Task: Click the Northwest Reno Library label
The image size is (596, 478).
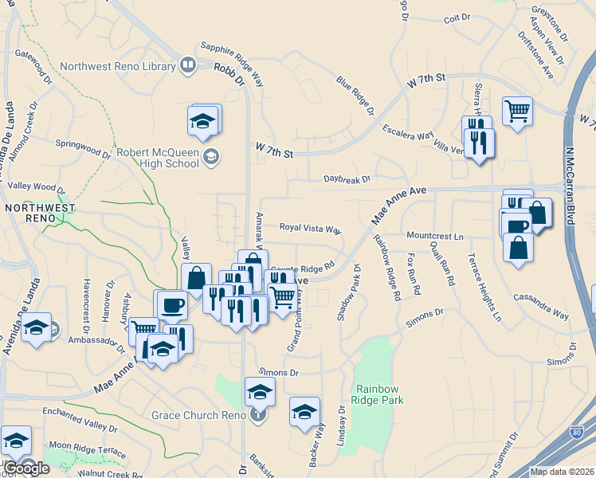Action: click(117, 66)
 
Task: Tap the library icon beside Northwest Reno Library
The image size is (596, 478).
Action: click(188, 65)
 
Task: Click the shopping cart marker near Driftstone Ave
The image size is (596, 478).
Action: click(517, 112)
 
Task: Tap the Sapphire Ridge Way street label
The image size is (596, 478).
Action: click(233, 63)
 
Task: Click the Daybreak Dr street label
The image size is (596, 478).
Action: click(347, 179)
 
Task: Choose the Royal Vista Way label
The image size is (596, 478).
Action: click(310, 228)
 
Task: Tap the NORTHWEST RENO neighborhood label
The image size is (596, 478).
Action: click(40, 213)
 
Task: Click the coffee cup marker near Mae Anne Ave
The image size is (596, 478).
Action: click(171, 305)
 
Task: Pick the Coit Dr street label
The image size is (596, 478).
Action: click(458, 18)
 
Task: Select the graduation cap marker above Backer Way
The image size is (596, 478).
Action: click(304, 412)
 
